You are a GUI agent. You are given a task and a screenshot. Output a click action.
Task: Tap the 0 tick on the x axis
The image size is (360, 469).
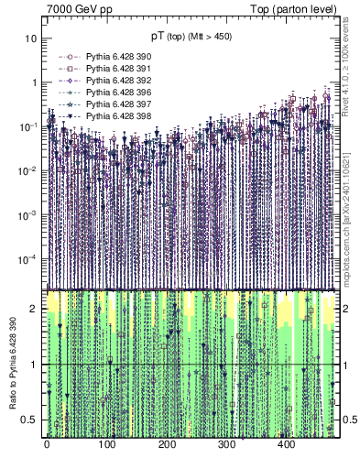[47, 444]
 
